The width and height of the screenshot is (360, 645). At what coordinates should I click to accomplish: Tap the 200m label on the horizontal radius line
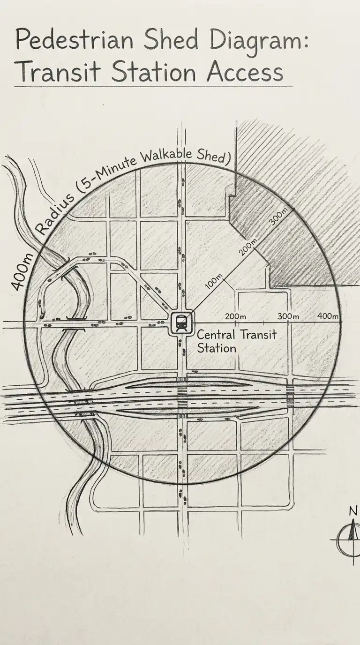(x=236, y=316)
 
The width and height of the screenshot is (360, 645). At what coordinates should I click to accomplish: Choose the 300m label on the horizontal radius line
(x=288, y=316)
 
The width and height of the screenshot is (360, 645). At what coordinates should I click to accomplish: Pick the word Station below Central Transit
(x=216, y=349)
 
